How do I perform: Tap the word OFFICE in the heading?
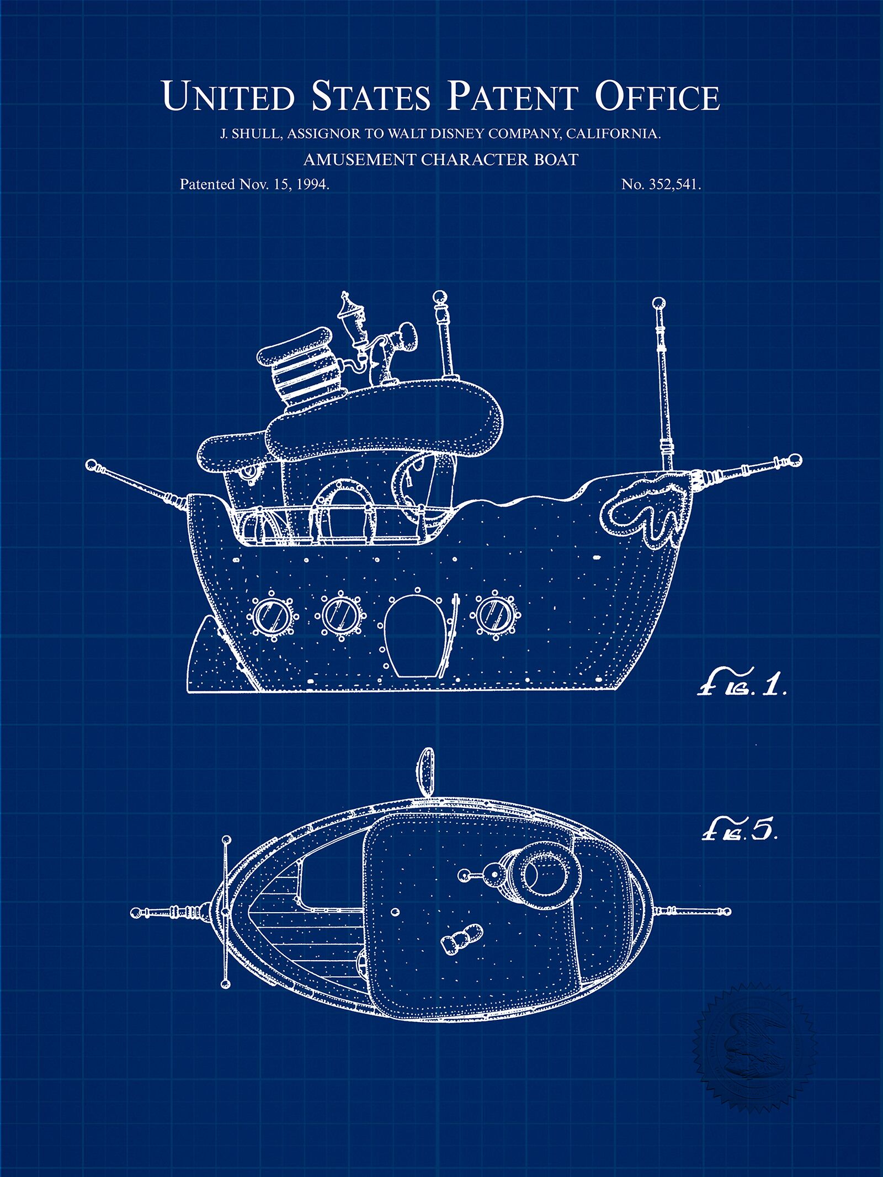[x=657, y=96]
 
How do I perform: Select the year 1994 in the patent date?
[x=313, y=184]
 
